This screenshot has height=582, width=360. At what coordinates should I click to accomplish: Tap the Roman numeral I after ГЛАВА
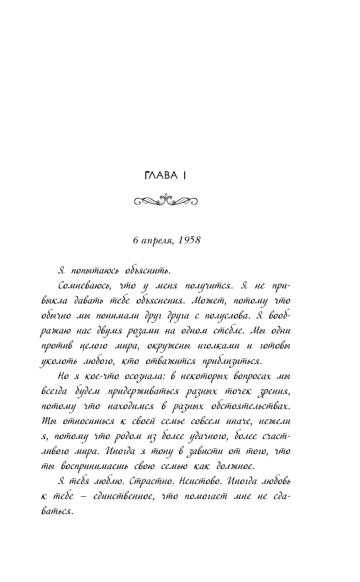point(186,175)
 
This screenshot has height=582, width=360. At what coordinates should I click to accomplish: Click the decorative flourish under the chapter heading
point(165,201)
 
